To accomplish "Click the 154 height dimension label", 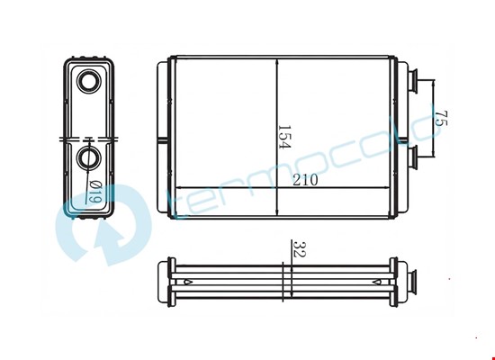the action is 284,137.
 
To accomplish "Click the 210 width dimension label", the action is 305,180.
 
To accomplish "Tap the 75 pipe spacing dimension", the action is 441,118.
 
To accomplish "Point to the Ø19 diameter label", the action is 95,192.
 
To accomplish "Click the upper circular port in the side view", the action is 89,82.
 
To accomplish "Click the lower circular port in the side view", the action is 89,157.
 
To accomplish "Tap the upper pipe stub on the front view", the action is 412,81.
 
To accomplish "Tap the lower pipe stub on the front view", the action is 412,157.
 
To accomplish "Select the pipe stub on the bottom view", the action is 412,282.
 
